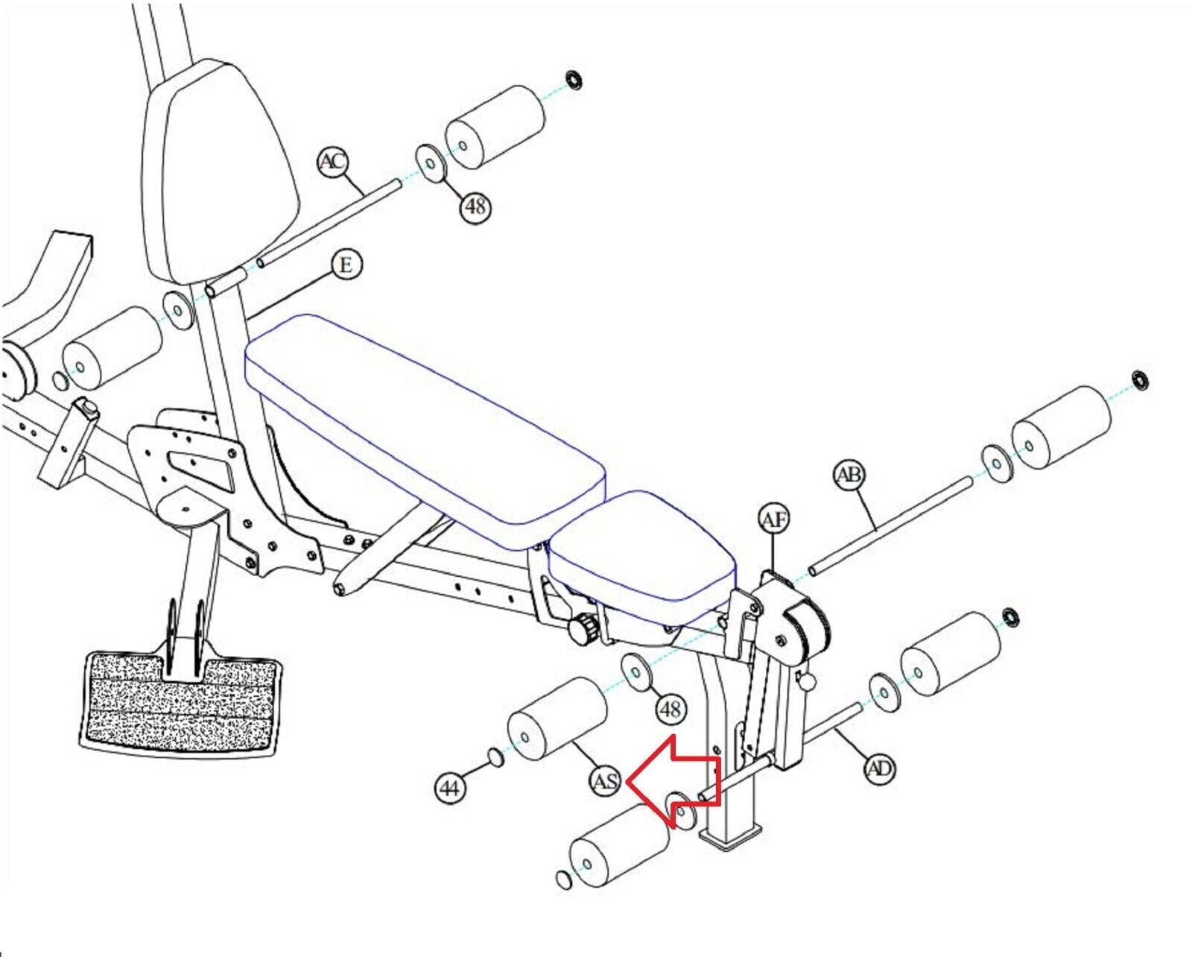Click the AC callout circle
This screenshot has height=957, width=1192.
(332, 162)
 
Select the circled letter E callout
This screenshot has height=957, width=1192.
(346, 265)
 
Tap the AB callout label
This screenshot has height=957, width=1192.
(849, 476)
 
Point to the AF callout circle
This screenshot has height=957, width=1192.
(774, 519)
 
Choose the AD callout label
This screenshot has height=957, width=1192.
(880, 768)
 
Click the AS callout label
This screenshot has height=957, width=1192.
(605, 782)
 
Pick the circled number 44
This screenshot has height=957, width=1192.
(450, 788)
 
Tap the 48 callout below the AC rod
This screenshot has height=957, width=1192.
(475, 206)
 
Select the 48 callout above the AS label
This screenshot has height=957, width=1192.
(670, 709)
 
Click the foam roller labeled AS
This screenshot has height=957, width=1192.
(557, 718)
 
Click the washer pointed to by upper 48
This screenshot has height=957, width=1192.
(430, 163)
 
